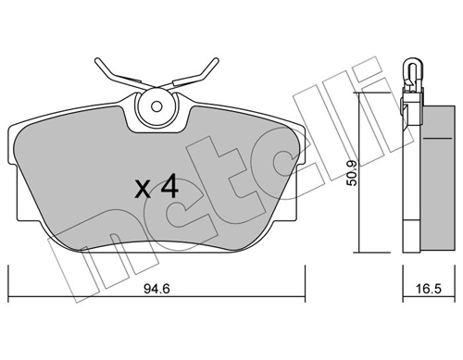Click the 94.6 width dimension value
(157, 289)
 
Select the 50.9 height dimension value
(352, 173)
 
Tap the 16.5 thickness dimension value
(429, 289)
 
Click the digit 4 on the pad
(169, 186)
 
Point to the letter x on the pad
(144, 189)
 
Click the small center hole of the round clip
(156, 106)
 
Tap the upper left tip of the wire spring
(97, 60)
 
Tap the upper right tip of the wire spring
(216, 59)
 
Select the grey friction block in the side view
(438, 178)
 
